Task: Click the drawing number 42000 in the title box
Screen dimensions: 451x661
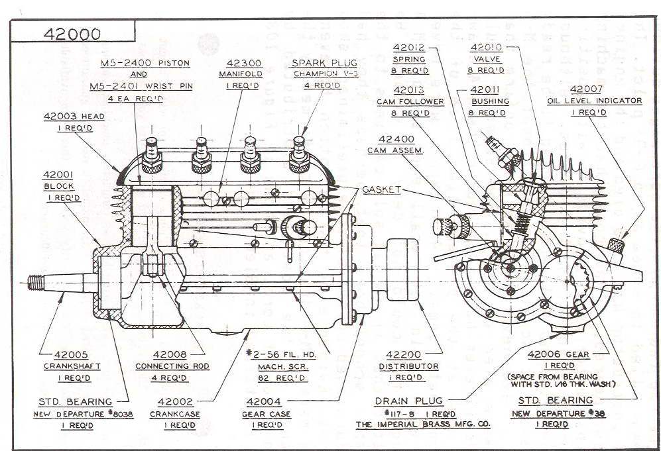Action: [x=73, y=34]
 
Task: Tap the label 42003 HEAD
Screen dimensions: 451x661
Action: [x=74, y=116]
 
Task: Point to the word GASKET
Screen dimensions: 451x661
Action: [x=382, y=189]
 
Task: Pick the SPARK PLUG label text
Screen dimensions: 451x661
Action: [x=316, y=63]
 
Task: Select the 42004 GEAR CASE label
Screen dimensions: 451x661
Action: [x=267, y=413]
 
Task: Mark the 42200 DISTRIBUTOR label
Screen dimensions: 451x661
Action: [x=408, y=366]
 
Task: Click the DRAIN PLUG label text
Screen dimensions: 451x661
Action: [x=408, y=401]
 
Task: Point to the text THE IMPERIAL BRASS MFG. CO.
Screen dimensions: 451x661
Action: [x=422, y=424]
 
